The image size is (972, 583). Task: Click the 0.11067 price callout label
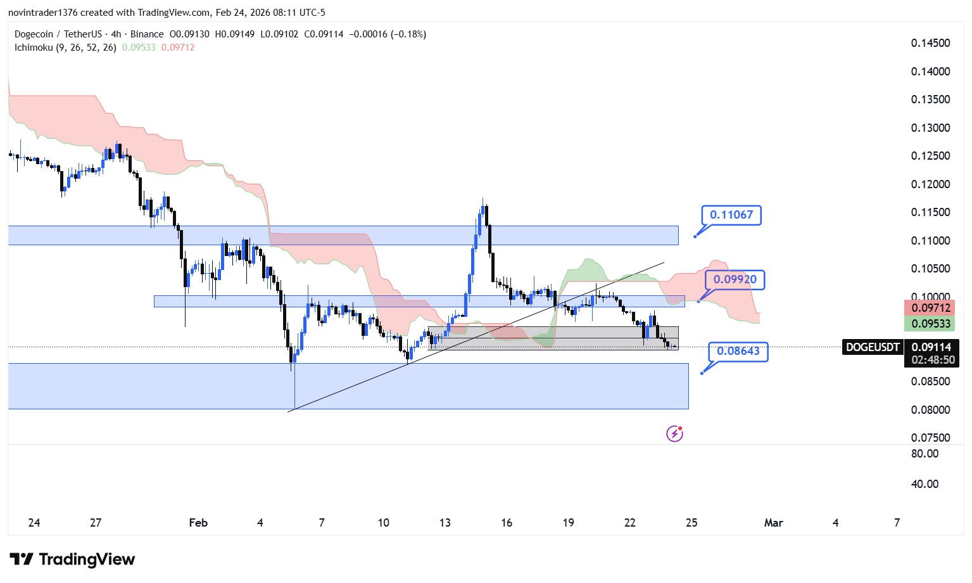pyautogui.click(x=731, y=215)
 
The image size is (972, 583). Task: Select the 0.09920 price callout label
pyautogui.click(x=735, y=279)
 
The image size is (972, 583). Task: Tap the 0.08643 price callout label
pyautogui.click(x=738, y=351)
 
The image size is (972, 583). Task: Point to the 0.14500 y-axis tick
pyautogui.click(x=930, y=43)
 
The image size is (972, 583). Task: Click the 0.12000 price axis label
pyautogui.click(x=930, y=184)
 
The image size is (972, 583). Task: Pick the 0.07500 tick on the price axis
pyautogui.click(x=930, y=438)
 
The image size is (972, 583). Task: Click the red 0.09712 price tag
pyautogui.click(x=931, y=308)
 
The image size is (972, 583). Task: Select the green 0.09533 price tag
pyautogui.click(x=931, y=324)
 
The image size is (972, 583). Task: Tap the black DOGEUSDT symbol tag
pyautogui.click(x=873, y=347)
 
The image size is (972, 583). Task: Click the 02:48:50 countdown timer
pyautogui.click(x=933, y=360)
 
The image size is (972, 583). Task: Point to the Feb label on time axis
pyautogui.click(x=198, y=523)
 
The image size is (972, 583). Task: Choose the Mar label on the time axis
pyautogui.click(x=773, y=523)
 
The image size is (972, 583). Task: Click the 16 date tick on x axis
pyautogui.click(x=507, y=523)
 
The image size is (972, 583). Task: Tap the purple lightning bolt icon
pyautogui.click(x=674, y=433)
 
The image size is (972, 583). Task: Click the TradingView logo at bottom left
pyautogui.click(x=72, y=559)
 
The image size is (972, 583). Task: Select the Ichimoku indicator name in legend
pyautogui.click(x=34, y=48)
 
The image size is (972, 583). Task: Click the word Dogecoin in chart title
pyautogui.click(x=34, y=34)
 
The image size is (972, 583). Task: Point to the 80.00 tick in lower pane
pyautogui.click(x=925, y=454)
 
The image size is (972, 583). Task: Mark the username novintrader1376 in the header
pyautogui.click(x=42, y=13)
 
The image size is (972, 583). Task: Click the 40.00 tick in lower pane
pyautogui.click(x=925, y=484)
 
